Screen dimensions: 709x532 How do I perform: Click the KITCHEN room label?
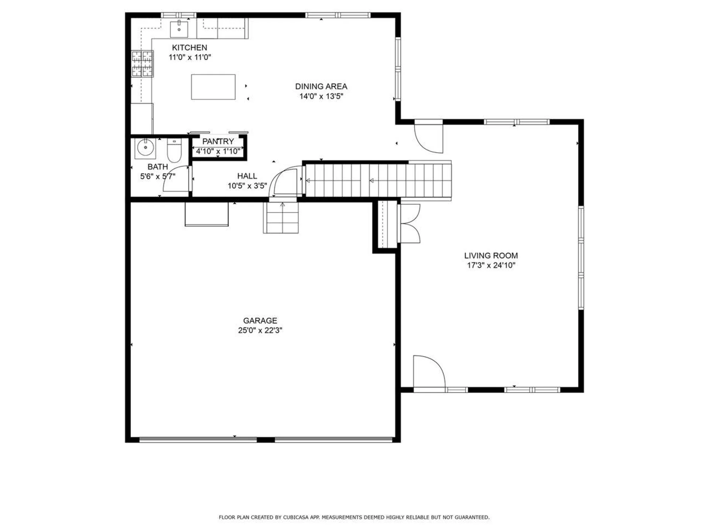click(x=189, y=48)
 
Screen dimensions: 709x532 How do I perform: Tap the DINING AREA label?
click(x=321, y=86)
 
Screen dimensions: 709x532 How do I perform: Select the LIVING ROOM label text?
click(x=491, y=255)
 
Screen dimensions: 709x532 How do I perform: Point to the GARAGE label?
click(x=260, y=320)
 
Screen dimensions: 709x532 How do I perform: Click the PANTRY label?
click(x=218, y=141)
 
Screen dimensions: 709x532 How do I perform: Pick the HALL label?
click(x=247, y=176)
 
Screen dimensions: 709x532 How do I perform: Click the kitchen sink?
click(x=179, y=29)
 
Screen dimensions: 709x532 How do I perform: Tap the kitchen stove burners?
click(x=143, y=64)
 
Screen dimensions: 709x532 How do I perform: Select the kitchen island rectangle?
click(x=213, y=87)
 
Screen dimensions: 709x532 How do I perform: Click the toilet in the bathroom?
click(x=174, y=150)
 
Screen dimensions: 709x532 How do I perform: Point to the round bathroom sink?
click(x=145, y=148)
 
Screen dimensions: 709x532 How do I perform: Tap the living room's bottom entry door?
click(x=429, y=372)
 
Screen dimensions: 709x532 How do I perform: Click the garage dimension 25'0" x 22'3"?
click(x=260, y=330)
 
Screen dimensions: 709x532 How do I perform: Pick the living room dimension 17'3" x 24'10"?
click(x=491, y=265)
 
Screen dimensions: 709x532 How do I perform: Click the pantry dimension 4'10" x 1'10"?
click(x=218, y=151)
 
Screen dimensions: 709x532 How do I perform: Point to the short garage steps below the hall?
click(x=281, y=217)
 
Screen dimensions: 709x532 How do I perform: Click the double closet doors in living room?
click(x=410, y=223)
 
